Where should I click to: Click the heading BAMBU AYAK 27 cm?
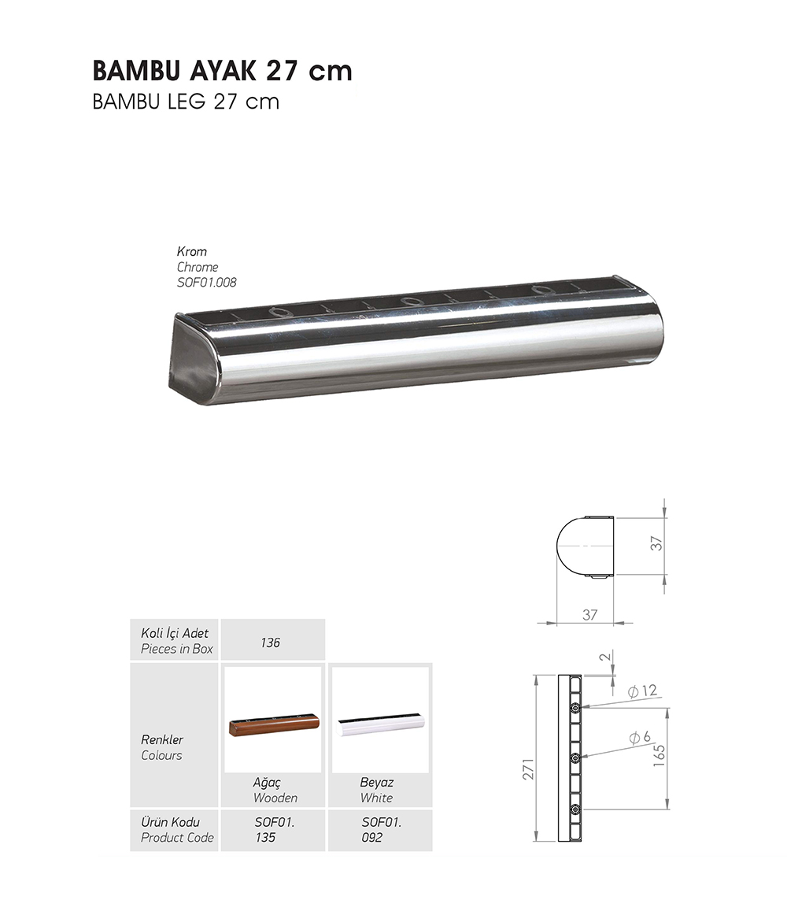(223, 71)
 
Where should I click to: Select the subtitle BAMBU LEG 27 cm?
(186, 102)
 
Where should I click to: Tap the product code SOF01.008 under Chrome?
(206, 283)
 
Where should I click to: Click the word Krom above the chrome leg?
(191, 251)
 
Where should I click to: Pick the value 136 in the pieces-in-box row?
(270, 643)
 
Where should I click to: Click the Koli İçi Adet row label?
(175, 633)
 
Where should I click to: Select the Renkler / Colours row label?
(162, 747)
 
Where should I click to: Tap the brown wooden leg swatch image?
(274, 724)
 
